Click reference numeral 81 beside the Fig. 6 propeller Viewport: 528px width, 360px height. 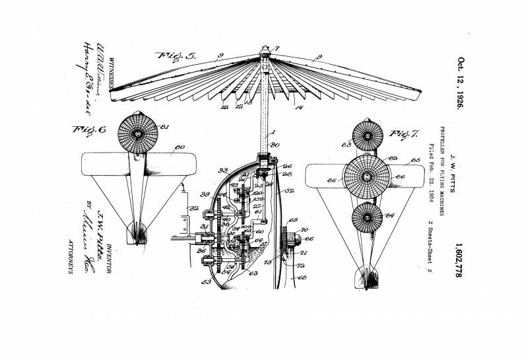click(x=164, y=127)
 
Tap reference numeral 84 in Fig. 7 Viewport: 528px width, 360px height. click(x=389, y=215)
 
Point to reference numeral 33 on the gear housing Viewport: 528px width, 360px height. click(x=223, y=170)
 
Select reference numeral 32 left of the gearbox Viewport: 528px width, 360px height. click(x=194, y=208)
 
